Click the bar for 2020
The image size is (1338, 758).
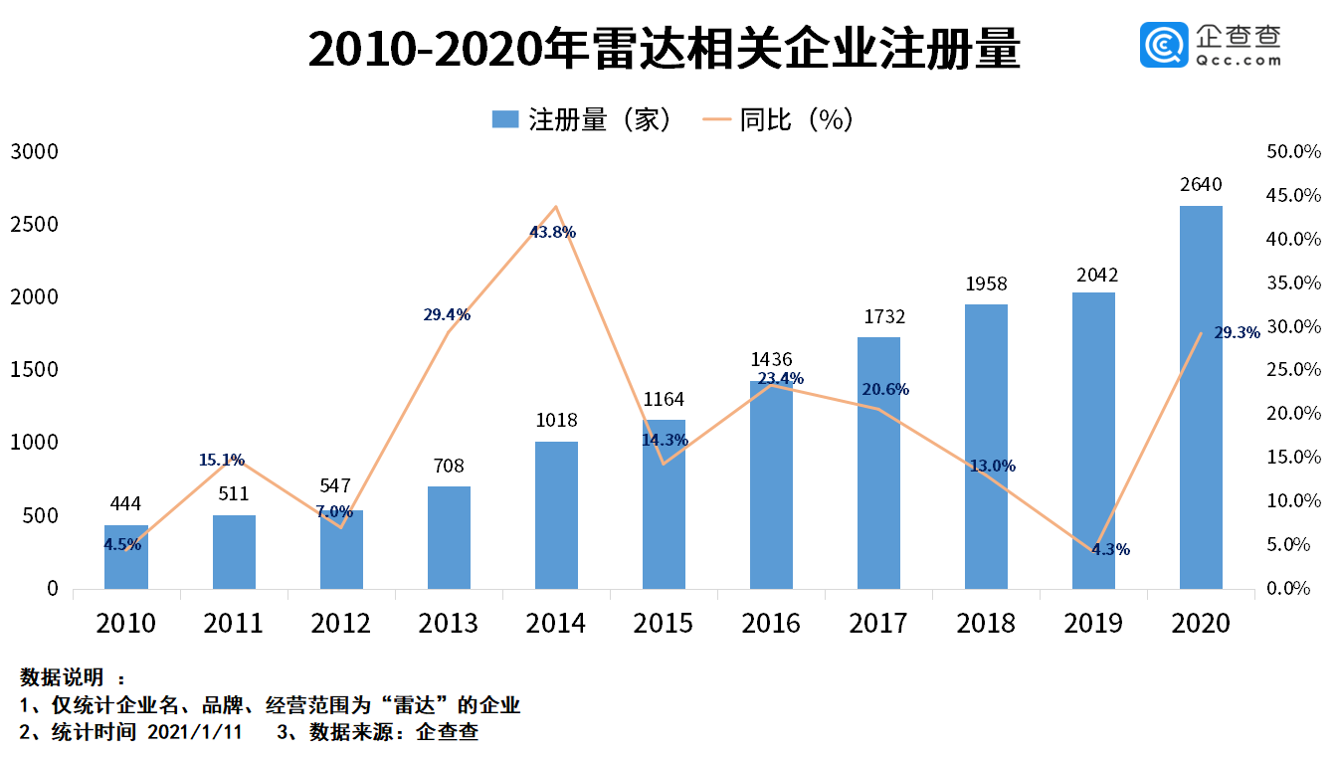click(x=1201, y=397)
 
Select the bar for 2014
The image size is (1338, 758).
click(x=556, y=515)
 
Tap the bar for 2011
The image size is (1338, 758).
click(x=234, y=552)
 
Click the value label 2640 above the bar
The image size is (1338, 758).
click(x=1201, y=185)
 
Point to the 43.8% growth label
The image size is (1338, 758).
click(x=552, y=232)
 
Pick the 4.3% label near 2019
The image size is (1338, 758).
click(x=1110, y=549)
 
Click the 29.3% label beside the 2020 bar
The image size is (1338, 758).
click(x=1238, y=332)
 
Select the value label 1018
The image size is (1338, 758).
click(x=556, y=421)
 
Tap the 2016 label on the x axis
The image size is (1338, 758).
click(x=771, y=623)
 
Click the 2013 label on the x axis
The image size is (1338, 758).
click(x=448, y=623)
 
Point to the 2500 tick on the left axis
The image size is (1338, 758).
click(x=34, y=225)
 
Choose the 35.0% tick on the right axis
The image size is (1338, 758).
click(x=1293, y=283)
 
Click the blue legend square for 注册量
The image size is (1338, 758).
click(x=504, y=118)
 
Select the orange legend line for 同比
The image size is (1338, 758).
click(x=717, y=118)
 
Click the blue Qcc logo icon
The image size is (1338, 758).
click(x=1164, y=45)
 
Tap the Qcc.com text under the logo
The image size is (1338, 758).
click(x=1239, y=61)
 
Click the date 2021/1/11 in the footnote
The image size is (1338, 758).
click(x=195, y=732)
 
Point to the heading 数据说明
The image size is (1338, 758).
click(x=62, y=677)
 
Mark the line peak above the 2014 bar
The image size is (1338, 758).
click(x=556, y=207)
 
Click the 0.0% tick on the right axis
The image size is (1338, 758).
click(x=1288, y=588)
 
